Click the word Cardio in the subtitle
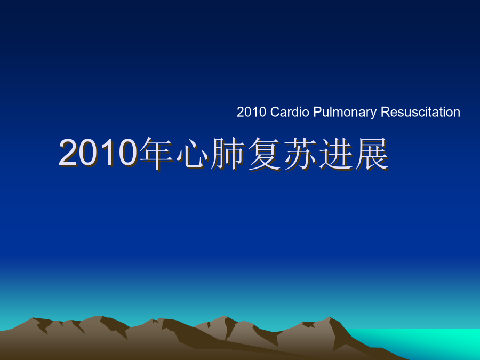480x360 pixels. (289, 112)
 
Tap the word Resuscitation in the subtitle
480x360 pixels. (420, 112)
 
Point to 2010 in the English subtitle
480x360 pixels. (251, 113)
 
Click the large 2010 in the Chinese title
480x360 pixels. (98, 153)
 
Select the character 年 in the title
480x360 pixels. (156, 154)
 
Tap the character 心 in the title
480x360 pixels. (192, 154)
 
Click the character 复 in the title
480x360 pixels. (264, 154)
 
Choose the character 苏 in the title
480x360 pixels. (300, 154)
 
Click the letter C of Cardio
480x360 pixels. (275, 112)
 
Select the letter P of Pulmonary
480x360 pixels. (317, 112)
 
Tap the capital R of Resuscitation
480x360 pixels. (386, 112)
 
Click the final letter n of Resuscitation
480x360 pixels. (457, 114)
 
